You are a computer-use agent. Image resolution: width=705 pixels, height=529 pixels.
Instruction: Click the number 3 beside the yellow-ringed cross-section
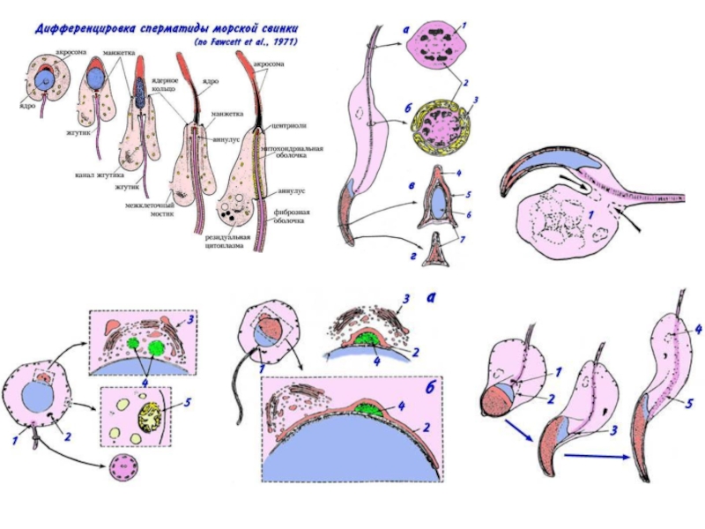(x=475, y=99)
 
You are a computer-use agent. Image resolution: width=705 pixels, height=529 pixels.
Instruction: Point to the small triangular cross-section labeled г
(x=438, y=254)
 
